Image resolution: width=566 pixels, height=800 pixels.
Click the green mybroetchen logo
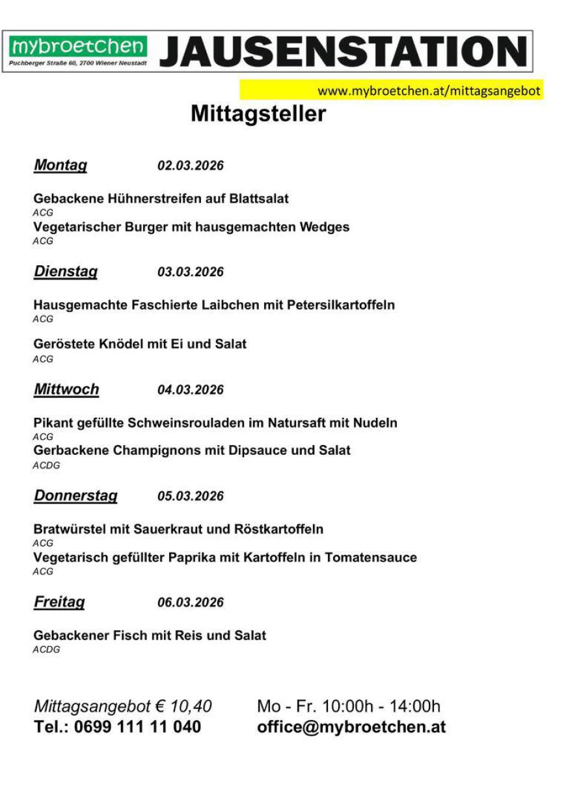coord(78,47)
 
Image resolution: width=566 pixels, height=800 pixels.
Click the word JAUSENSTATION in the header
coord(344,51)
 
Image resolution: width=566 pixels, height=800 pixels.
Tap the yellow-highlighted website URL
coord(429,91)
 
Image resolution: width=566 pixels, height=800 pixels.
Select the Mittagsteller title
coord(258,114)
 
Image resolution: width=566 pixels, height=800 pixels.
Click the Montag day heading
coord(60,166)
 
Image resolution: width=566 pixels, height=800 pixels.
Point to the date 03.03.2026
coord(191,272)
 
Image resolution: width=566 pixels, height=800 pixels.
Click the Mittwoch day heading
coord(66,390)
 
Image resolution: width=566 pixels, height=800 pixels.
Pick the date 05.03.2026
coord(191,497)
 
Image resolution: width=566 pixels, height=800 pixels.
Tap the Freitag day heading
coord(59,602)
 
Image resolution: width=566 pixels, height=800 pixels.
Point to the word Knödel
coord(121,344)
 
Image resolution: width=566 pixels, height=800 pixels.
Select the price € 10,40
coord(183,706)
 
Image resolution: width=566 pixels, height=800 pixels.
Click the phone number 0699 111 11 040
coord(137,727)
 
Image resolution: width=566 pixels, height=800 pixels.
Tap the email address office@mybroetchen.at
coord(351,727)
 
